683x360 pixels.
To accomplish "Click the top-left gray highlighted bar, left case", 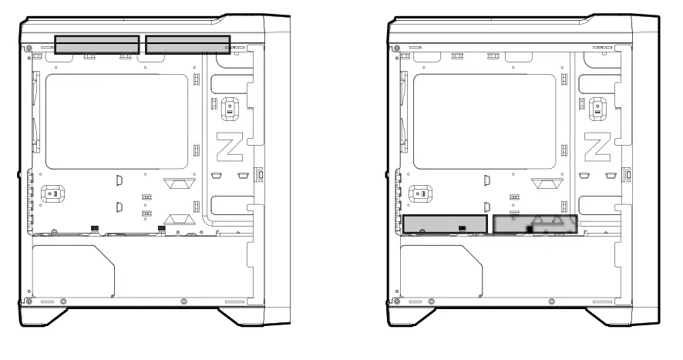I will (x=96, y=45).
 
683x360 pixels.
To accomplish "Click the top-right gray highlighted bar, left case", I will (x=187, y=45).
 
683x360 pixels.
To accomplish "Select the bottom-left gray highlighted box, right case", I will (x=445, y=225).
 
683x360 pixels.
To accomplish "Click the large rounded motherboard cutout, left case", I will (x=116, y=121).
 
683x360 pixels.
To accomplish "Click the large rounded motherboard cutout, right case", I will (x=485, y=121).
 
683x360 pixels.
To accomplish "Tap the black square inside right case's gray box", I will (x=530, y=229).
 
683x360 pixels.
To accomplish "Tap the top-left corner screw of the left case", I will (x=29, y=48).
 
